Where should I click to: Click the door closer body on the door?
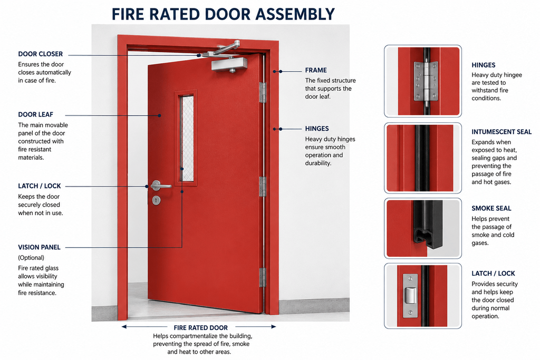click(x=229, y=65)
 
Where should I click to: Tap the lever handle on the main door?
click(x=160, y=186)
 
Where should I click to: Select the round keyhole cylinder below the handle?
click(x=156, y=200)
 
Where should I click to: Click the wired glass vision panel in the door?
click(x=187, y=138)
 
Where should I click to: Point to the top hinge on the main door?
click(x=263, y=93)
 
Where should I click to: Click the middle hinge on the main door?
click(x=263, y=187)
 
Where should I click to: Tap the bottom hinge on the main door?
click(x=263, y=277)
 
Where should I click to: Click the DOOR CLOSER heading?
click(x=40, y=54)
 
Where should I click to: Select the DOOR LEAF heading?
click(x=35, y=114)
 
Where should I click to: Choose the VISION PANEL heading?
click(x=39, y=247)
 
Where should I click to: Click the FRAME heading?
click(x=316, y=70)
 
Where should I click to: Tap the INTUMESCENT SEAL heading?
click(x=502, y=132)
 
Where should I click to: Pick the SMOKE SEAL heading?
click(x=491, y=208)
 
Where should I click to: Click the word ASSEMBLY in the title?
click(x=295, y=14)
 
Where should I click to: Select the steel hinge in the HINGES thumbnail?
click(x=426, y=81)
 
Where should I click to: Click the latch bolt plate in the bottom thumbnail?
click(x=410, y=296)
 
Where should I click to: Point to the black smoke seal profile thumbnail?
click(x=428, y=225)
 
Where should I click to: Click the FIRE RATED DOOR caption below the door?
click(x=201, y=328)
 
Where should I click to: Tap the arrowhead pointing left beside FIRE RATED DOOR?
click(x=124, y=327)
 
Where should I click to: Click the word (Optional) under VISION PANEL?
click(x=31, y=258)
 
